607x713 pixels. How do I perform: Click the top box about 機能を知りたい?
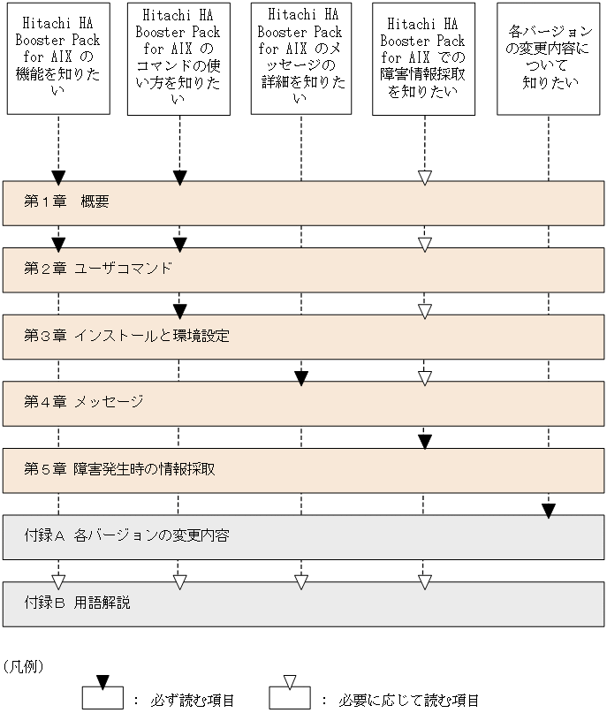pyautogui.click(x=59, y=58)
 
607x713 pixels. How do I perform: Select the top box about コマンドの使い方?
pyautogui.click(x=179, y=58)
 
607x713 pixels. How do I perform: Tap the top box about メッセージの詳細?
pyautogui.click(x=301, y=58)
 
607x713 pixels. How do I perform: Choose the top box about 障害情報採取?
pyautogui.click(x=423, y=58)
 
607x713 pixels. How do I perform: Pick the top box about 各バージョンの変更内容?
pyautogui.click(x=549, y=58)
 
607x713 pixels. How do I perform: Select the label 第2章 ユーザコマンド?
pyautogui.click(x=98, y=269)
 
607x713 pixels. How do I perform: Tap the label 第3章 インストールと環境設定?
pyautogui.click(x=127, y=336)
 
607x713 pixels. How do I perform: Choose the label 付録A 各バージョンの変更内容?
pyautogui.click(x=127, y=535)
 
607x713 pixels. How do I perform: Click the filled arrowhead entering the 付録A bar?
pyautogui.click(x=549, y=510)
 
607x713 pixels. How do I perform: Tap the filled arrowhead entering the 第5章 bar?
pyautogui.click(x=424, y=442)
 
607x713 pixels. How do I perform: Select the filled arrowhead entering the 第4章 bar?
pyautogui.click(x=301, y=377)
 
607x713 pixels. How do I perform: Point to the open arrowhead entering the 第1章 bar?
pyautogui.click(x=424, y=178)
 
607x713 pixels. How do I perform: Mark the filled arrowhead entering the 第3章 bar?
pyautogui.click(x=179, y=311)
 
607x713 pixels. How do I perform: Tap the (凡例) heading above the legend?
pyautogui.click(x=24, y=664)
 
